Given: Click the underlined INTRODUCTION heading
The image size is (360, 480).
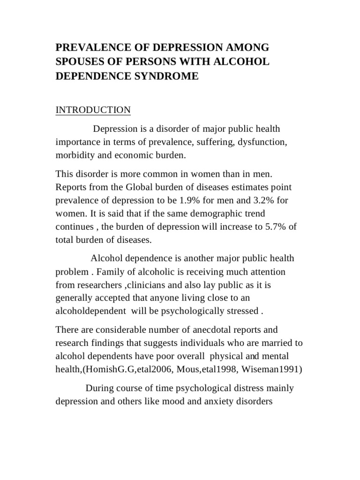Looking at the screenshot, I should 93,110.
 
